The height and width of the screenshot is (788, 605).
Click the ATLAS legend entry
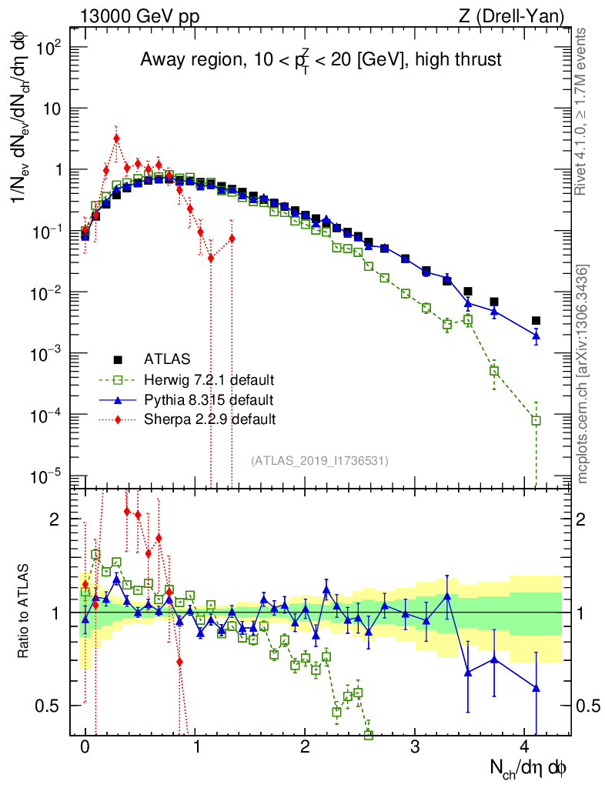(166, 359)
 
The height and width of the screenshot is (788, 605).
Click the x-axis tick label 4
(525, 746)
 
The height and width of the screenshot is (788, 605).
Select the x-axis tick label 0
(85, 746)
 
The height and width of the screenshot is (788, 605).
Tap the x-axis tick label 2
(305, 746)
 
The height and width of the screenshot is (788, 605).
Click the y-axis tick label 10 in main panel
(51, 109)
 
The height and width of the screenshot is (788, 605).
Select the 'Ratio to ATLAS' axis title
(25, 611)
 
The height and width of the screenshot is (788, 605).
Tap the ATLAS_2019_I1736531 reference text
(319, 461)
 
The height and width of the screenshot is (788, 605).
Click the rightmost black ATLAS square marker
(536, 320)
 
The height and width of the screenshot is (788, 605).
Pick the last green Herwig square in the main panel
(536, 420)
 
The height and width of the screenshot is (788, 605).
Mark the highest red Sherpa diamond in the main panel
(116, 139)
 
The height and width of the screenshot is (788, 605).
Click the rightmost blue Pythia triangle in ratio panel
(536, 688)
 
